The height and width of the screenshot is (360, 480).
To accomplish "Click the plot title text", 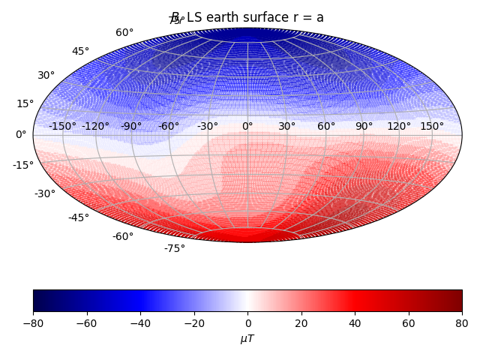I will pyautogui.click(x=247, y=17).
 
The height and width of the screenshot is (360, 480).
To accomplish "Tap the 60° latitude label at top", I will pyautogui.click(x=124, y=32).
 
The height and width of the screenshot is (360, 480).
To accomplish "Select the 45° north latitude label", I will pyautogui.click(x=80, y=51).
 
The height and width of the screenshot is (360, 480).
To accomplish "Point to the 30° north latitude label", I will pyautogui.click(x=46, y=75).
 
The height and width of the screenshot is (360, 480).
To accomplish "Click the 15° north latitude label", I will pyautogui.click(x=25, y=103).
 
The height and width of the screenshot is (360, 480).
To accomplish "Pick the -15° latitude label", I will pyautogui.click(x=22, y=165).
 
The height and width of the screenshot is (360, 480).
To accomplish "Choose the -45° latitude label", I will pyautogui.click(x=79, y=217).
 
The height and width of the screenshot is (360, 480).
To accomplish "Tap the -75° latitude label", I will pyautogui.click(x=175, y=248).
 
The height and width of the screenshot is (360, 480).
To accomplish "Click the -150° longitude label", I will pyautogui.click(x=62, y=126).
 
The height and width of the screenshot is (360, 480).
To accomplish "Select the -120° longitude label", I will pyautogui.click(x=95, y=126).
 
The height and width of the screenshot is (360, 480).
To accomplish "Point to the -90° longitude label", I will pyautogui.click(x=131, y=126).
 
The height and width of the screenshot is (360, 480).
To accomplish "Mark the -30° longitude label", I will pyautogui.click(x=208, y=126).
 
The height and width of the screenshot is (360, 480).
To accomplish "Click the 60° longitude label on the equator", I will pyautogui.click(x=326, y=126).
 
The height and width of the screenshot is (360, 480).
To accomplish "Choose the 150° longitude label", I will pyautogui.click(x=432, y=126).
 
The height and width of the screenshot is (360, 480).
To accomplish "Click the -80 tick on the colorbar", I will pyautogui.click(x=33, y=323).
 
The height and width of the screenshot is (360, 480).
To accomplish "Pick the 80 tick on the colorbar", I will pyautogui.click(x=462, y=323).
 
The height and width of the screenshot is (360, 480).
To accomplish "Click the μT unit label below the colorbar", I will pyautogui.click(x=247, y=339).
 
